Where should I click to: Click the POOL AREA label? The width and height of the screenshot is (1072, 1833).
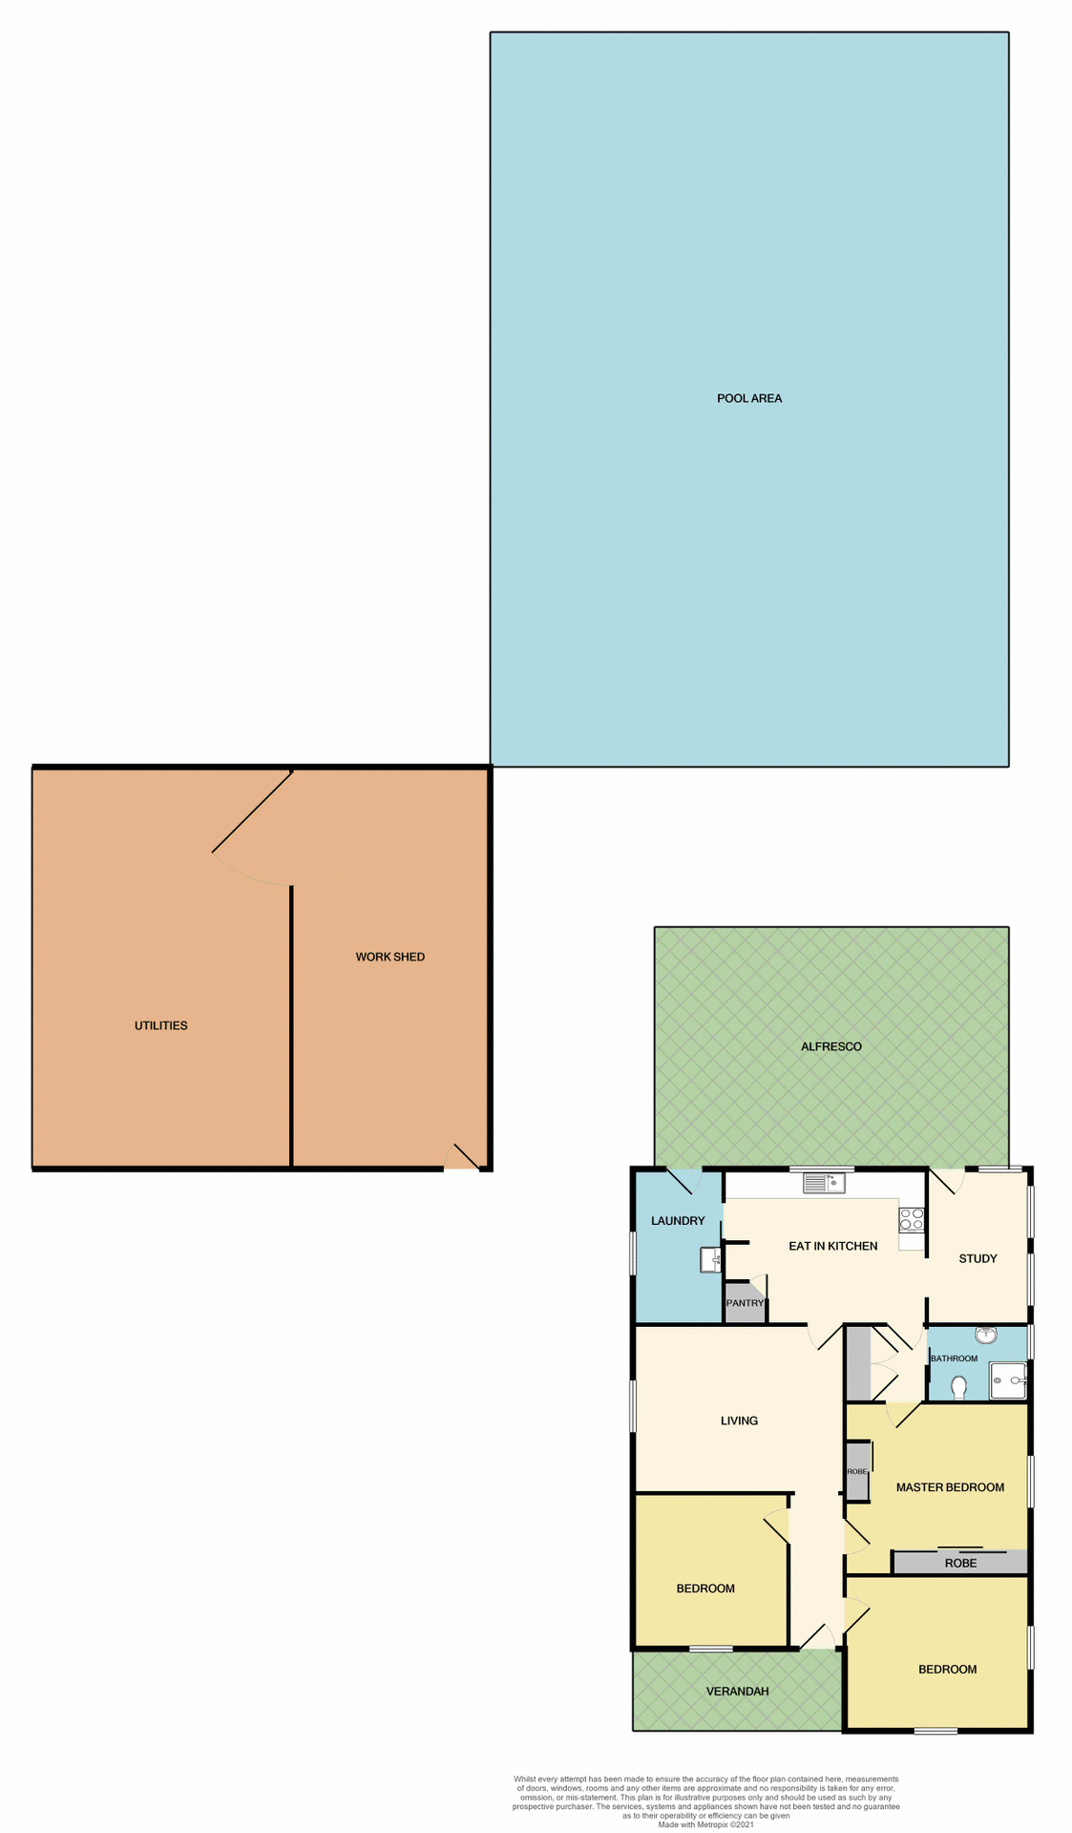(x=749, y=398)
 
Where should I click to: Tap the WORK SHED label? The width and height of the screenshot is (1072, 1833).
(x=389, y=957)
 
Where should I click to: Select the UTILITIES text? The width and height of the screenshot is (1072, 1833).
(x=161, y=1025)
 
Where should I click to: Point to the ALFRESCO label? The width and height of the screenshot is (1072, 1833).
(x=830, y=1046)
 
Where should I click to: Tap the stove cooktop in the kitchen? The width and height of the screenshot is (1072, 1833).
(x=912, y=1219)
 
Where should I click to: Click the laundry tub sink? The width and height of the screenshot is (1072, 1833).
(x=711, y=1260)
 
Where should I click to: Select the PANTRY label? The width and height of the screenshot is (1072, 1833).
(x=745, y=1303)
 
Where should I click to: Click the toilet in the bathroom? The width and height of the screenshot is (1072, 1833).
(x=959, y=1386)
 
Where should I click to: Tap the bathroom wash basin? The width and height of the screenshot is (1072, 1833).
(x=986, y=1336)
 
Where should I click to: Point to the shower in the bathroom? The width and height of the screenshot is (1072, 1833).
(x=1008, y=1380)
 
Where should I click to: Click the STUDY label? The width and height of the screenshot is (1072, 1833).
(x=977, y=1258)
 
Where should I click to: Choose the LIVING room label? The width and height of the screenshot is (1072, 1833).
(x=739, y=1421)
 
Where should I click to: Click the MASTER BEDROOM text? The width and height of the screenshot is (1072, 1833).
(x=950, y=1487)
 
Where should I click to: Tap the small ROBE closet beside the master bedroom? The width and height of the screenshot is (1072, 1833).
(x=857, y=1471)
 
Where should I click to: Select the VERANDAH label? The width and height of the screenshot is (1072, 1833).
(x=737, y=1691)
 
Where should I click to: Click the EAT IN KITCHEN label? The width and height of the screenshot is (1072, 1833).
(x=832, y=1246)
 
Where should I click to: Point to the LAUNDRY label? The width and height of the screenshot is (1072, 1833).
(x=678, y=1221)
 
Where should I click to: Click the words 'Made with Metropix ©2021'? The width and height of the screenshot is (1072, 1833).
(x=705, y=1824)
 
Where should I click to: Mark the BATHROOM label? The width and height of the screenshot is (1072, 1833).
(x=954, y=1359)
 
